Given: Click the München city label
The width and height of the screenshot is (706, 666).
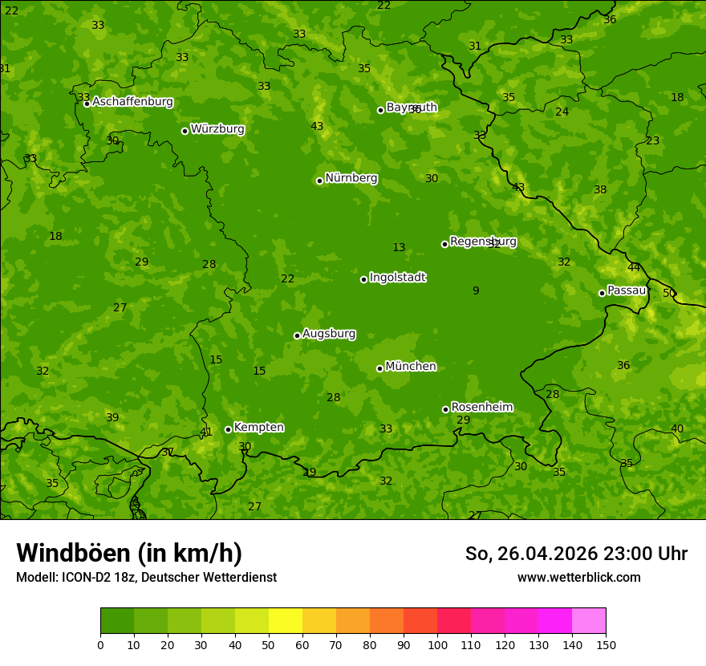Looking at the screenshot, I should click(x=411, y=367).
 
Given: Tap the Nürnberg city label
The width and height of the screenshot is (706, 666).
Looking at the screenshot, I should click(x=351, y=178).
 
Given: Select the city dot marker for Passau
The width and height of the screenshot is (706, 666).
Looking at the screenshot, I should click(x=602, y=293).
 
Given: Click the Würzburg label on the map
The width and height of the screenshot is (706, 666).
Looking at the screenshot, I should click(x=217, y=129).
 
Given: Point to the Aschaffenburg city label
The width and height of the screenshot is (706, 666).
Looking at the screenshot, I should click(x=132, y=102).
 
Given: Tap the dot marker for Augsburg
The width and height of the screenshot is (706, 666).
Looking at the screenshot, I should click(x=297, y=335).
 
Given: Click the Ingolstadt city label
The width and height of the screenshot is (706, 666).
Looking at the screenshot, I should click(x=397, y=278).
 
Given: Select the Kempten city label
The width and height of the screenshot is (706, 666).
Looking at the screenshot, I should click(x=258, y=428).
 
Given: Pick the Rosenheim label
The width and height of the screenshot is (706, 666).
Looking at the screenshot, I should click(x=481, y=408).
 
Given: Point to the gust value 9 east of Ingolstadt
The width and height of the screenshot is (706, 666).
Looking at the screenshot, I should click(x=476, y=291).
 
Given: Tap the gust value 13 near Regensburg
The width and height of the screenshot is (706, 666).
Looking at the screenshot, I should click(x=399, y=248).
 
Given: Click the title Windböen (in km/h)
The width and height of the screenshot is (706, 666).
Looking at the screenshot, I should click(x=129, y=553).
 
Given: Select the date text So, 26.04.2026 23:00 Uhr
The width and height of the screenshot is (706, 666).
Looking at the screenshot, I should click(x=576, y=554).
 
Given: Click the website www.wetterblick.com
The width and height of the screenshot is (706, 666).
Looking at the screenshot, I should click(x=578, y=578).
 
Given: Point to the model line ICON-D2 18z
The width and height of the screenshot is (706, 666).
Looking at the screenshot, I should click(x=146, y=577).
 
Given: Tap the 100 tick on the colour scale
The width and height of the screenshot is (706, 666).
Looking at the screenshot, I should click(x=437, y=644).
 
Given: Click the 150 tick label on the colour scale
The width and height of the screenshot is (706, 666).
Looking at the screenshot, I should click(x=606, y=644).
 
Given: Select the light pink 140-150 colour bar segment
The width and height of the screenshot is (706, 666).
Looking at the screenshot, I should click(x=589, y=621).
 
